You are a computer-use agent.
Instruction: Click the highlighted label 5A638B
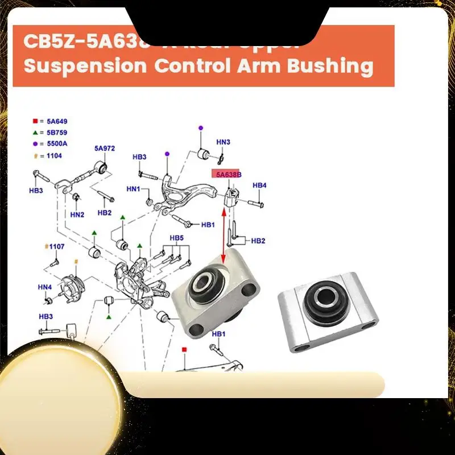227,174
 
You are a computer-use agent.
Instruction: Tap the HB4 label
259,185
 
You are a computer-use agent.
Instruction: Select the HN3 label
223,142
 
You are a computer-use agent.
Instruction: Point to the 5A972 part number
105,148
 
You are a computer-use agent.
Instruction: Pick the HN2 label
77,214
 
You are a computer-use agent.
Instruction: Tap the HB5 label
177,237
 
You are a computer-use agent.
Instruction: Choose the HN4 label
45,287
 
